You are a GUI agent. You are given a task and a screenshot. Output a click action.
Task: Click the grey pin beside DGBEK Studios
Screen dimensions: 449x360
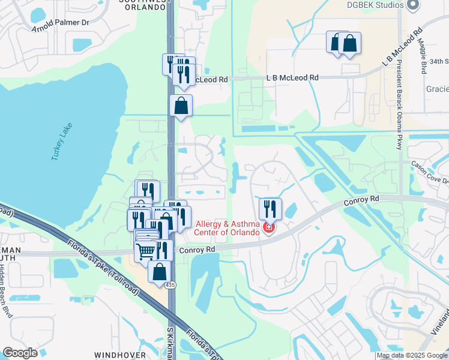(x=412, y=5)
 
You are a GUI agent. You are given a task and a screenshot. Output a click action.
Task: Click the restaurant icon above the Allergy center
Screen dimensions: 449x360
(x=270, y=209)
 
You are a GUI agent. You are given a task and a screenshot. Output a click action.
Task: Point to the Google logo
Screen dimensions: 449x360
(x=20, y=353)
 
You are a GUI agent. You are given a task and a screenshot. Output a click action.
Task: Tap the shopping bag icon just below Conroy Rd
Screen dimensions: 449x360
(x=160, y=271)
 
